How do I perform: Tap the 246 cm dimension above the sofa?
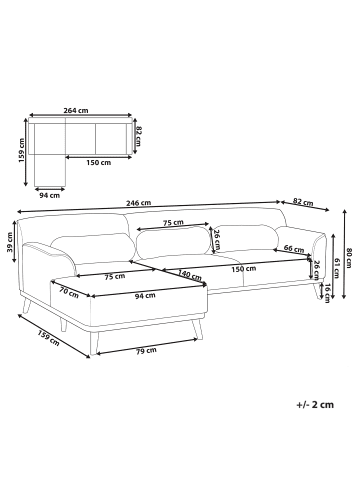tap(139, 203)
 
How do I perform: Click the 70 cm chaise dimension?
tap(69, 292)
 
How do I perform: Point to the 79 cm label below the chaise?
tap(146, 349)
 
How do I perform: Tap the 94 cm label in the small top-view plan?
tap(44, 195)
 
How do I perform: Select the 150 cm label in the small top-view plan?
tap(98, 163)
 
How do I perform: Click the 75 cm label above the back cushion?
tap(173, 223)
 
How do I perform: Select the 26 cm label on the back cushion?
tap(218, 237)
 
